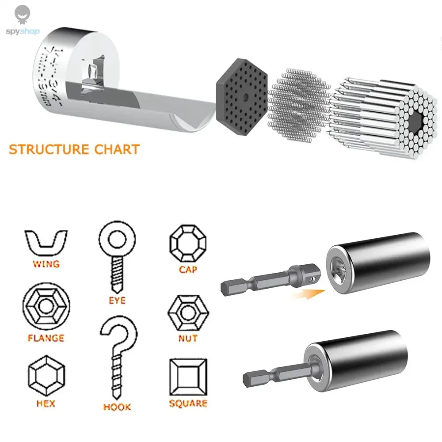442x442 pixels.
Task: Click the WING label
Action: point(46,264)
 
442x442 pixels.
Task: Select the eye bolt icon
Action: point(117,256)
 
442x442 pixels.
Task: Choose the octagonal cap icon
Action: point(188,244)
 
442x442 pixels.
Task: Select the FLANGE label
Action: point(46,339)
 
